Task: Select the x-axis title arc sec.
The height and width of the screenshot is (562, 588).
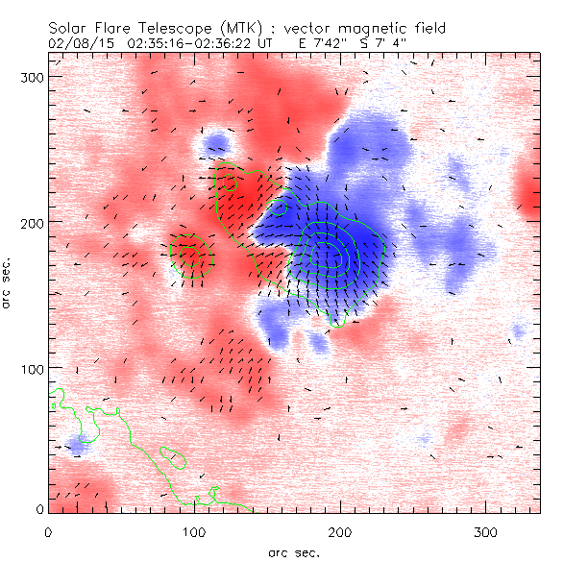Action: coord(293,552)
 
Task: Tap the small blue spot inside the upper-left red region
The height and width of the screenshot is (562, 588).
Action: coord(217,145)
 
